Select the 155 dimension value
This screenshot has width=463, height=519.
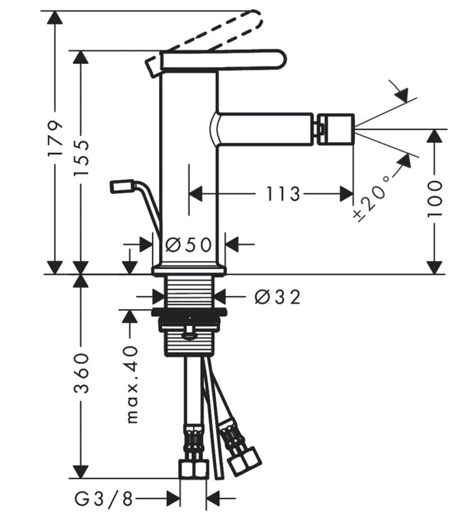82,158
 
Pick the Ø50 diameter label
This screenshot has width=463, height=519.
189,245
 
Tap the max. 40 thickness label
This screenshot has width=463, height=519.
132,383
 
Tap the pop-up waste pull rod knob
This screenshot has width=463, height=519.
122,186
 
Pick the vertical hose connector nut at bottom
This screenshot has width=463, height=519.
192,468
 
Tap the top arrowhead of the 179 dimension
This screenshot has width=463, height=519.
54,17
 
